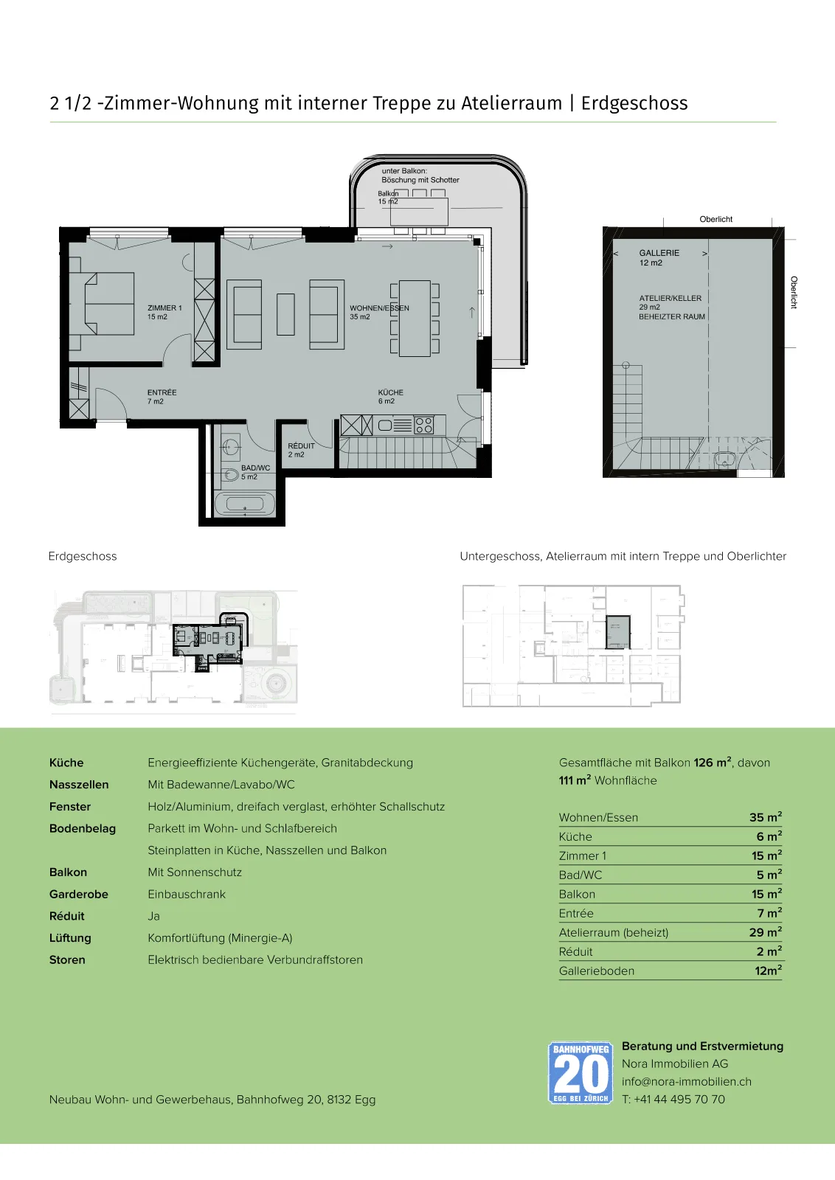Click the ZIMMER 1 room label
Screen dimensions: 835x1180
click(164, 308)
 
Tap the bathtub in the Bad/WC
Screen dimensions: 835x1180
click(244, 504)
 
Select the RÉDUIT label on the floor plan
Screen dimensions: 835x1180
click(301, 445)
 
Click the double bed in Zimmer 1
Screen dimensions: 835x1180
click(109, 303)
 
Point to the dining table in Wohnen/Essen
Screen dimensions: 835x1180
click(415, 318)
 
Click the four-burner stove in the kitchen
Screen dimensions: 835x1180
click(423, 425)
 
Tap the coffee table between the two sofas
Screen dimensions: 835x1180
click(285, 314)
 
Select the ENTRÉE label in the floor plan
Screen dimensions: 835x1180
click(162, 392)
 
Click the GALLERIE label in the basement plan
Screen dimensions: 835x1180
click(659, 253)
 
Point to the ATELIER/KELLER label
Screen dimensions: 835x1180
click(670, 298)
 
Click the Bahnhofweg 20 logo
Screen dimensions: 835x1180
click(580, 1072)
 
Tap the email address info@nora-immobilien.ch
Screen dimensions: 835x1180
click(687, 1081)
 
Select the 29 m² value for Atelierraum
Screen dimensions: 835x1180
click(766, 932)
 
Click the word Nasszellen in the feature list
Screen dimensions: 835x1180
click(79, 785)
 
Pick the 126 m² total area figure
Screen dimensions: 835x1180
click(713, 763)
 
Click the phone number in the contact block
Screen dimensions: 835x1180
click(673, 1100)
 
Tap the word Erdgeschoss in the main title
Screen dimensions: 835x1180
click(634, 103)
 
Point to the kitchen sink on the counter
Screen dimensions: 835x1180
click(385, 425)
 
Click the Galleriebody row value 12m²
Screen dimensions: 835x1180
click(768, 971)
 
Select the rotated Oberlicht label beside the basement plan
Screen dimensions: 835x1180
click(794, 292)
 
